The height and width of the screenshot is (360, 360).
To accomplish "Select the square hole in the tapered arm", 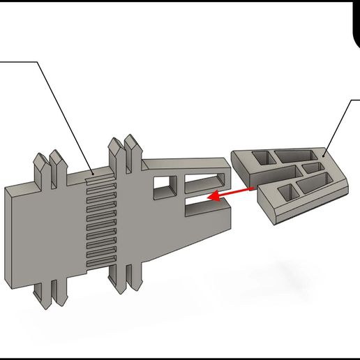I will pos(165,186).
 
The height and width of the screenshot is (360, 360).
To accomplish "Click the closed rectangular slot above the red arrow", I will pos(203,184).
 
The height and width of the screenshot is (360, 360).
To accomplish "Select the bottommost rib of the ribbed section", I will pos(100,262).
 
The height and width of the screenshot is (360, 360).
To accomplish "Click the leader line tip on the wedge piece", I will pos(324,154).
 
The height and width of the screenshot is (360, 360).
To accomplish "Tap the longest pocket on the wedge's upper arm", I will pos(294,155).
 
